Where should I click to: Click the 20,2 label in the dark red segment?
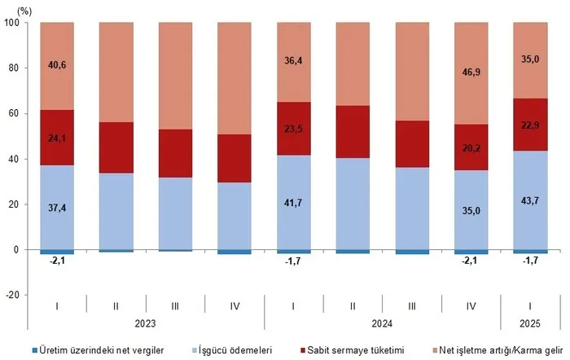[x=471, y=149]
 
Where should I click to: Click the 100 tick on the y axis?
[x=14, y=23]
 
